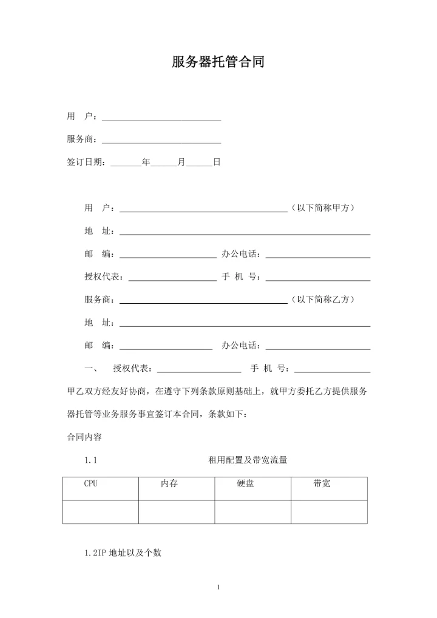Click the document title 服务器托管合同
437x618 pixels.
click(218, 62)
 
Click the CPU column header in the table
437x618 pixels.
click(91, 484)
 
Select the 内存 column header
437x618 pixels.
click(169, 484)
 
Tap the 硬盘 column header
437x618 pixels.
click(245, 484)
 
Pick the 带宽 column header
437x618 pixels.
click(322, 484)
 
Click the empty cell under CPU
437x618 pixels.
click(101, 512)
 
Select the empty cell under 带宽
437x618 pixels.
click(329, 512)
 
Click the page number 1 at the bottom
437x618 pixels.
click(218, 586)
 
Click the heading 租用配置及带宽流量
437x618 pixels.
click(248, 460)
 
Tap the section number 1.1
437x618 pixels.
click(91, 460)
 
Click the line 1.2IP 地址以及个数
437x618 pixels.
click(123, 553)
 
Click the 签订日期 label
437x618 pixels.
click(85, 163)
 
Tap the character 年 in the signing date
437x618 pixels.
click(146, 163)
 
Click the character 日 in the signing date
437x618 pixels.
click(216, 163)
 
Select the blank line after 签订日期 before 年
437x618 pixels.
click(126, 164)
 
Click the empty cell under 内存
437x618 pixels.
click(177, 512)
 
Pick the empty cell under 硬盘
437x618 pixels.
click(252, 512)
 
